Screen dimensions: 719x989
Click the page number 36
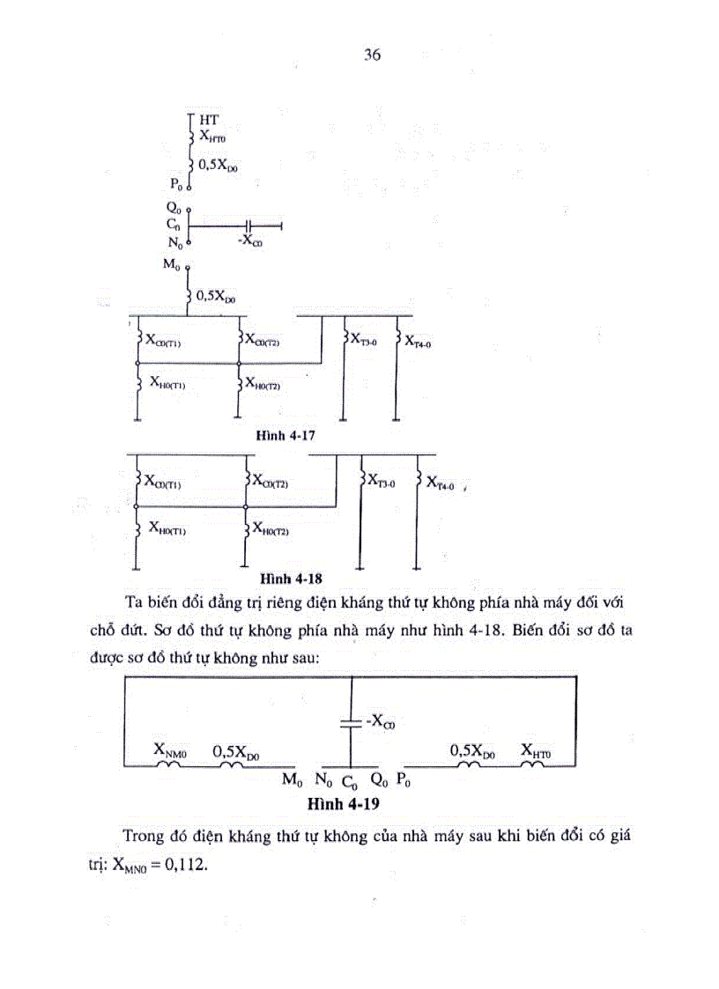371,55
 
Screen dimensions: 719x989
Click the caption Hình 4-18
291,579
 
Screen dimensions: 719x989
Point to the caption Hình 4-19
343,803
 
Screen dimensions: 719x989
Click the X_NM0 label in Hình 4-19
171,749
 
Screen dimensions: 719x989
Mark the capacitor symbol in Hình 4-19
351,723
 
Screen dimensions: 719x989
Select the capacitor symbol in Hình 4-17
248,225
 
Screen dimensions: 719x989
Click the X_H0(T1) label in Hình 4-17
167,382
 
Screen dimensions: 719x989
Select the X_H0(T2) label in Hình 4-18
271,528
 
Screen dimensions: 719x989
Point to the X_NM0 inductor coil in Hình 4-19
168,764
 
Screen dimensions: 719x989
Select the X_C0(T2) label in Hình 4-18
271,481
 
